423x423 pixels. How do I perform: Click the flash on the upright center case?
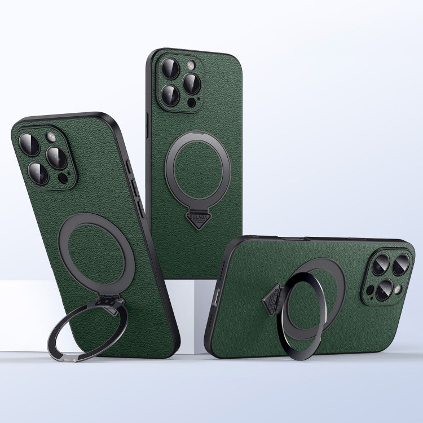click(x=190, y=64)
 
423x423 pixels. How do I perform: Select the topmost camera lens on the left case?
click(x=29, y=145)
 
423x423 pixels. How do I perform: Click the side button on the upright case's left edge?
click(x=148, y=121)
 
